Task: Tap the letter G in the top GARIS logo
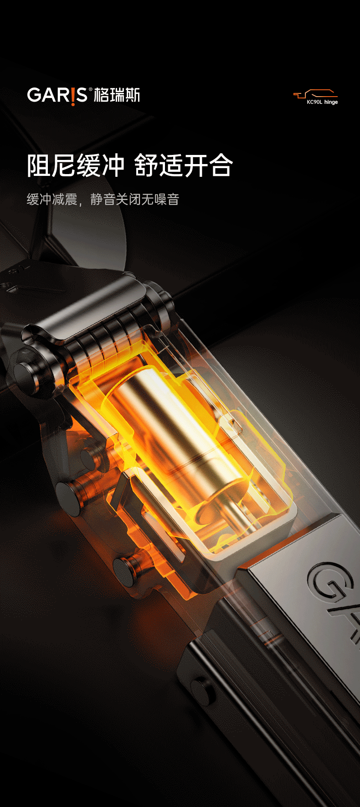pyautogui.click(x=34, y=95)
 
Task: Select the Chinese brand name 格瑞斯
pyautogui.click(x=117, y=95)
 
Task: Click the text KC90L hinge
pyautogui.click(x=322, y=102)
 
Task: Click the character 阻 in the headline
pyautogui.click(x=39, y=165)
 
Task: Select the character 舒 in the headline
pyautogui.click(x=147, y=165)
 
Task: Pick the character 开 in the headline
pyautogui.click(x=196, y=165)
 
